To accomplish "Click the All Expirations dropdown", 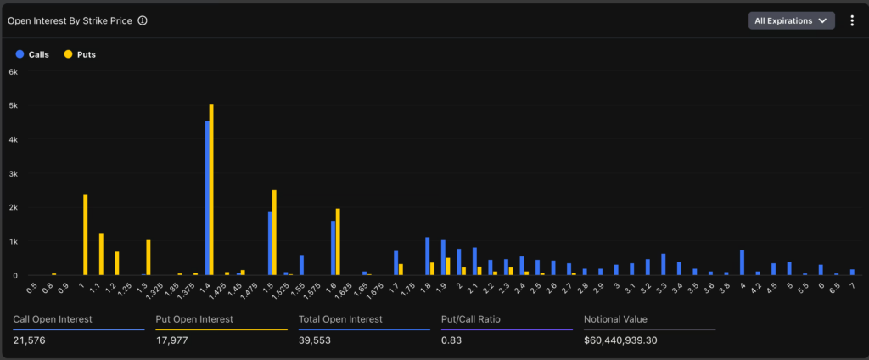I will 791,20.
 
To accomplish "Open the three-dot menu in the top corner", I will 852,20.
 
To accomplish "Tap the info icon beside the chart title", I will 143,20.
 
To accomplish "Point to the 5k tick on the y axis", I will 13,106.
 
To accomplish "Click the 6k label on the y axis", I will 13,72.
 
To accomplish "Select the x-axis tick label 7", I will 851,287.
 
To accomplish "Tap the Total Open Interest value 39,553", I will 315,340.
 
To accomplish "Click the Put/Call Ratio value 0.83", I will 451,340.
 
